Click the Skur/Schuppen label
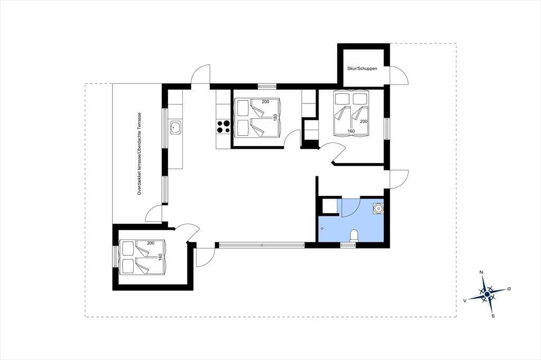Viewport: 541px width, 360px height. pos(362,69)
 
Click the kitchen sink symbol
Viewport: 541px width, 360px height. pos(175,127)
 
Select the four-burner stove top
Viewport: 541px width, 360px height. pos(223,127)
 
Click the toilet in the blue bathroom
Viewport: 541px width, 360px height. pos(355,235)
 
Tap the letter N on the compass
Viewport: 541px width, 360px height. pos(482,272)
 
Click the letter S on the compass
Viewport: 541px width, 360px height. pos(493,316)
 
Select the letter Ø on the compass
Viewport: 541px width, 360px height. pos(509,288)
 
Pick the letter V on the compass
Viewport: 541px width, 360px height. pos(465,301)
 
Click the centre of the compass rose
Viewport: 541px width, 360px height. pos(487,294)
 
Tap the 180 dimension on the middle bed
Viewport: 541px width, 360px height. pos(275,117)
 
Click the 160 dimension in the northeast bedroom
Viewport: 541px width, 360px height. pos(351,131)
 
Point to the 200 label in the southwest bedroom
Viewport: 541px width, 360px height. pos(151,243)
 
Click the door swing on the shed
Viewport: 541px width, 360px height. pos(399,74)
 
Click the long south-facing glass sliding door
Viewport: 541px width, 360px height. pos(262,245)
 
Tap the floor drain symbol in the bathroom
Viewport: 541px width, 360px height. pos(322,228)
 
